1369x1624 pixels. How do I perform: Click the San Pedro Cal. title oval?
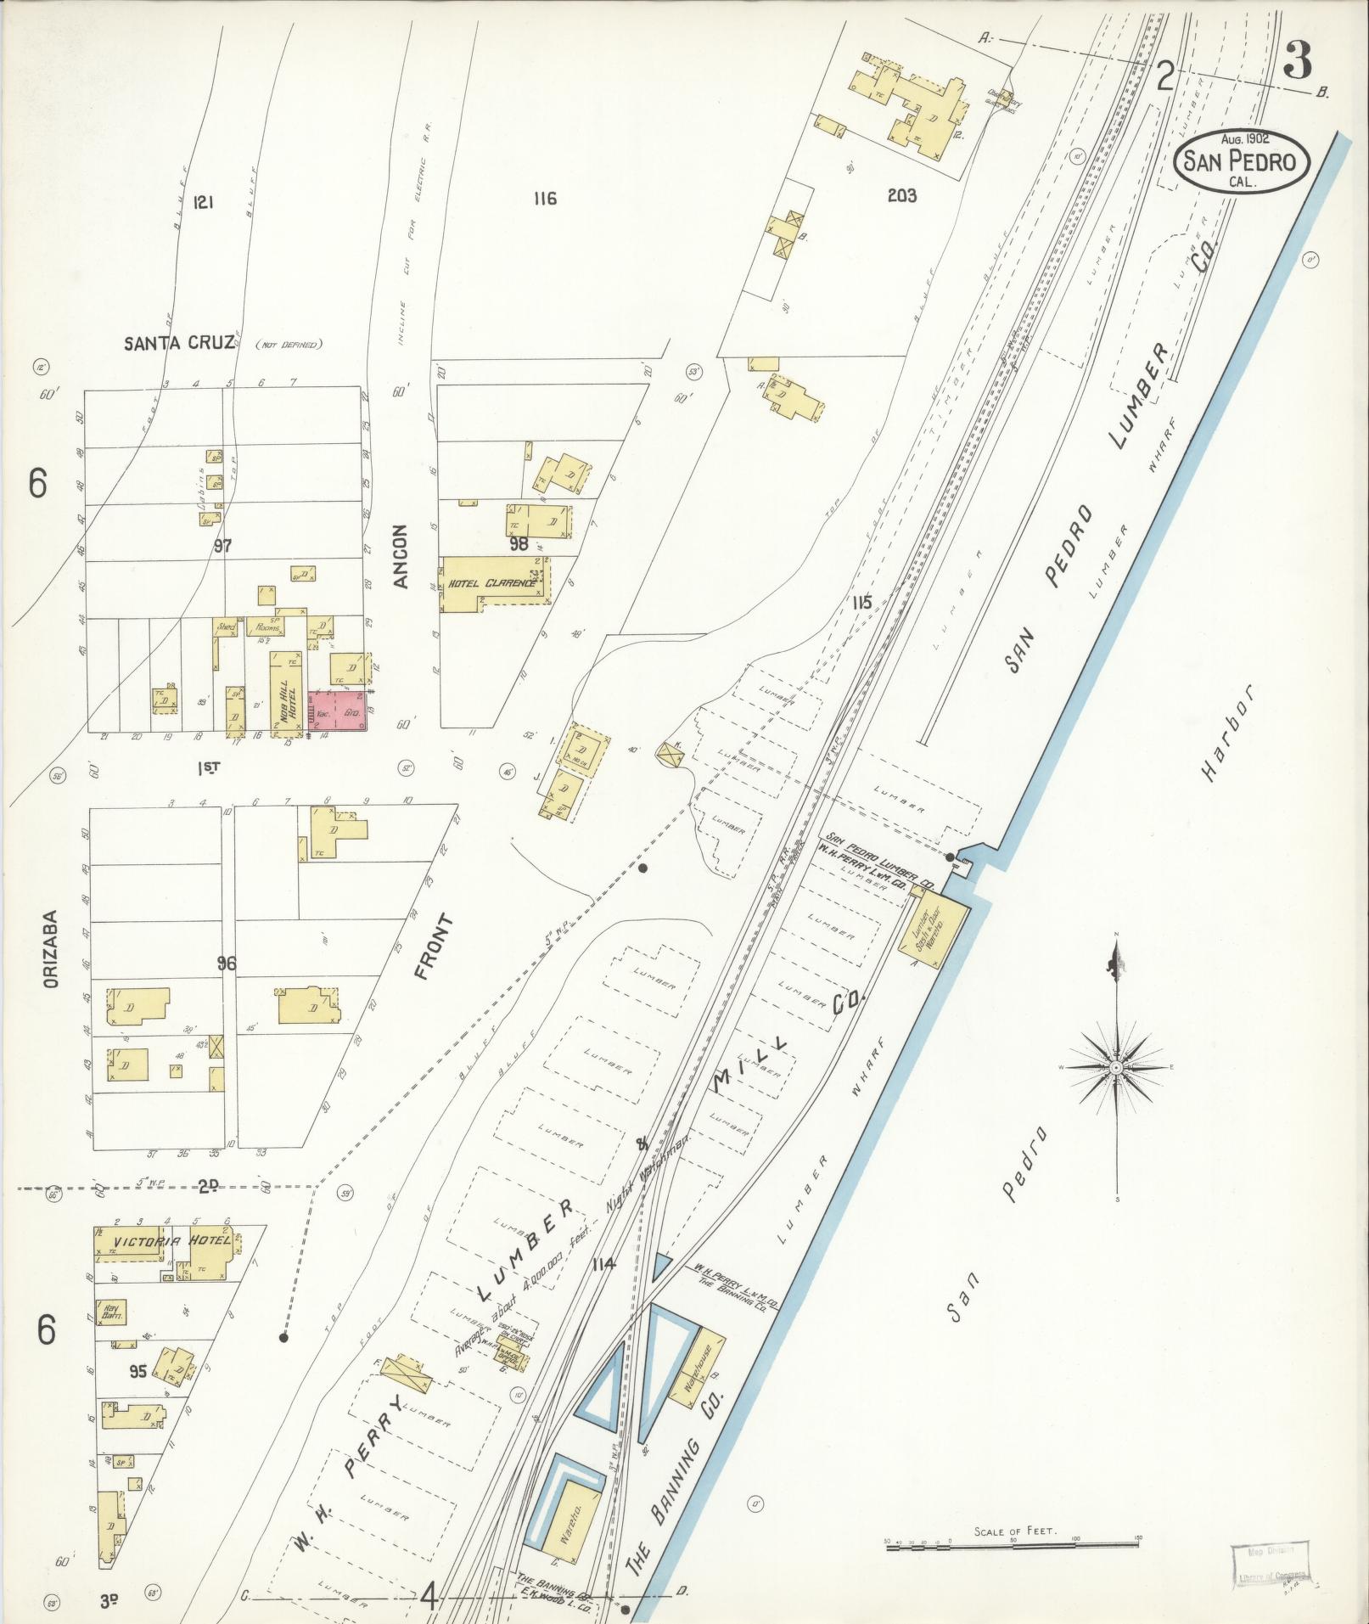point(1242,160)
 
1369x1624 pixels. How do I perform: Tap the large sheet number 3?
point(1298,60)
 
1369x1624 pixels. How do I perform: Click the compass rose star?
point(1116,1067)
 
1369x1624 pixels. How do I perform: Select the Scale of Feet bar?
point(1014,1548)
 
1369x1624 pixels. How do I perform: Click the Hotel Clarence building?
point(492,584)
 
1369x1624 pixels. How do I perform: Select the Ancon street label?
point(401,556)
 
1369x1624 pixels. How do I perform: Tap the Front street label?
point(435,947)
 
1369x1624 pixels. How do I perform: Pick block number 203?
point(902,196)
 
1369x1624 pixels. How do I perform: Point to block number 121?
point(202,202)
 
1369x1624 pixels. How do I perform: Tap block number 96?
point(226,964)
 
